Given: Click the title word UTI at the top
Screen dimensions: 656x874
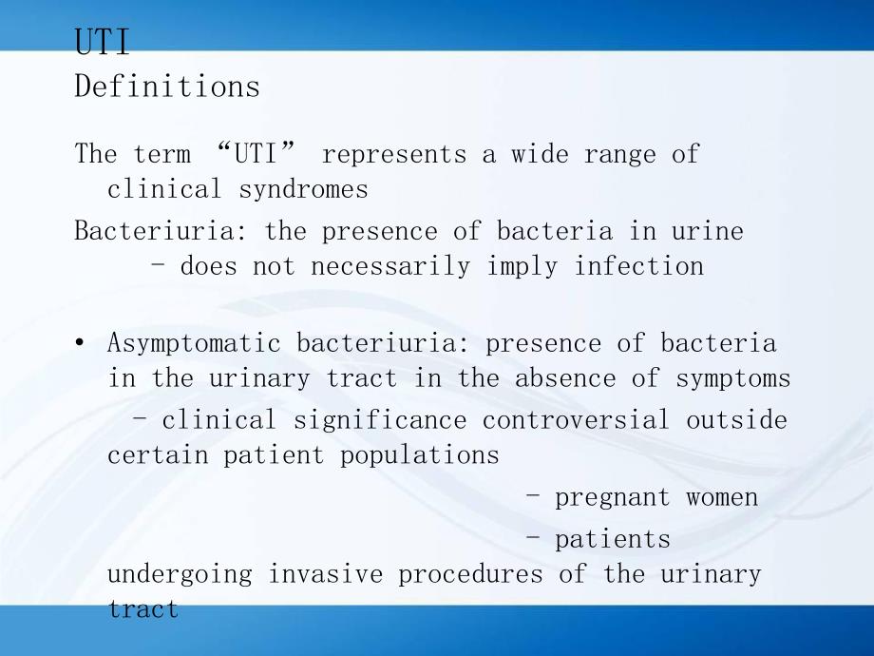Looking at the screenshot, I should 102,44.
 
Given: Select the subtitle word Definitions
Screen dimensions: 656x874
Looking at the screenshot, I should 166,87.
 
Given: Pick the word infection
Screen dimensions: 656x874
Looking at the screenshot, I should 638,266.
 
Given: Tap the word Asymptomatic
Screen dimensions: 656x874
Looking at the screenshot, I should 194,343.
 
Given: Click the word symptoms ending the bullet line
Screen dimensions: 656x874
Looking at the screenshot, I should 732,378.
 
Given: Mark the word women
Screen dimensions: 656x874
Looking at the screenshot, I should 722,497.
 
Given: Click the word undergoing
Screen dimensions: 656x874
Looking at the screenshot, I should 180,574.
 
